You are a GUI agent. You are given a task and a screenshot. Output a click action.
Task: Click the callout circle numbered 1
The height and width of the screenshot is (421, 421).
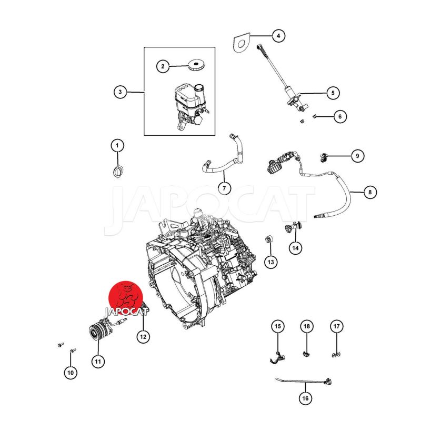click(118, 145)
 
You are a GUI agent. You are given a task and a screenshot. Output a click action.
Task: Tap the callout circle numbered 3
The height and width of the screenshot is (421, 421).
click(120, 92)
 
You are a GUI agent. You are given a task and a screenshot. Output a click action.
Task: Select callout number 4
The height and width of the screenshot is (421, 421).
click(278, 36)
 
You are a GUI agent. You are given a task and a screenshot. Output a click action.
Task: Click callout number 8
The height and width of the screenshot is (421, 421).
click(369, 193)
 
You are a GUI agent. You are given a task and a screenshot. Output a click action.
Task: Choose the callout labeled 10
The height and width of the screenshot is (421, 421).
click(71, 373)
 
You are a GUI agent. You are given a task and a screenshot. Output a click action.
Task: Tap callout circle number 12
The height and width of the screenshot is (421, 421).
click(143, 335)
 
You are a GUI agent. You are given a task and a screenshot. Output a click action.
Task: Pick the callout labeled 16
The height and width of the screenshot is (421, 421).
click(305, 398)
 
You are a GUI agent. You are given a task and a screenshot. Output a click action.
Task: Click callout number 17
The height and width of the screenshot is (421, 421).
click(336, 326)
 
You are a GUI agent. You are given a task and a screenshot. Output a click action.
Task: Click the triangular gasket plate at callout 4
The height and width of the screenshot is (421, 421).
click(241, 42)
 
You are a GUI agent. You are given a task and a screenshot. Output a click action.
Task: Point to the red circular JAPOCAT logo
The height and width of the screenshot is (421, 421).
click(125, 296)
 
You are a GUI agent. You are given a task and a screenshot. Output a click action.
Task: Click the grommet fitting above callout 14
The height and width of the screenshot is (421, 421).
click(291, 227)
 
